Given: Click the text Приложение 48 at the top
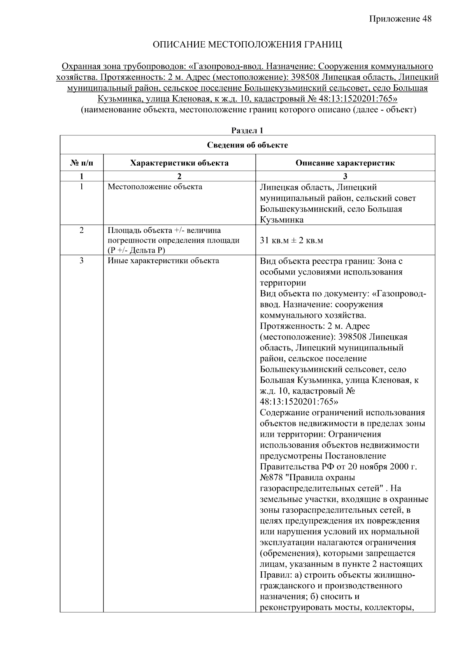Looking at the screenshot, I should pos(400,19).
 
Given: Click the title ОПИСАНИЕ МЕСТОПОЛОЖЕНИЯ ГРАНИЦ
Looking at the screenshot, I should pos(248,45).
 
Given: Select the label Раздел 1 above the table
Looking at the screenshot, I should pos(248,130).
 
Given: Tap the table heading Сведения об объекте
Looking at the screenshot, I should pos(248,145).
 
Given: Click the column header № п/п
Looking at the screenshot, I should pos(82,163).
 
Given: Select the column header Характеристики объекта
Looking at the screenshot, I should pos(179,163).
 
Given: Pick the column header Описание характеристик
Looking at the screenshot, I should pos(345,163).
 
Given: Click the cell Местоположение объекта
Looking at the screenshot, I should pos(155,187).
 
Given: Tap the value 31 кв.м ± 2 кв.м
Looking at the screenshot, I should pos(291,240).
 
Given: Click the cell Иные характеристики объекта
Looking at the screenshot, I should pos(163,261).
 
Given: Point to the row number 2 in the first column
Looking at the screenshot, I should pos(82,230).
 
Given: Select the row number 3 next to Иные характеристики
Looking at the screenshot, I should pos(82,261).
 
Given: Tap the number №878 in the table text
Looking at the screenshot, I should pos(271,477).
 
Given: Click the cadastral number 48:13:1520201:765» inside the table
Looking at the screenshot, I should pos(299,402).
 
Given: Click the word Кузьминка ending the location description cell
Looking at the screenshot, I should pos(282,220).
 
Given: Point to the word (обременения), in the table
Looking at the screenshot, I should pos(288,553).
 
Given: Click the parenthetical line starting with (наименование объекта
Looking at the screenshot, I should pos(248,110).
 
